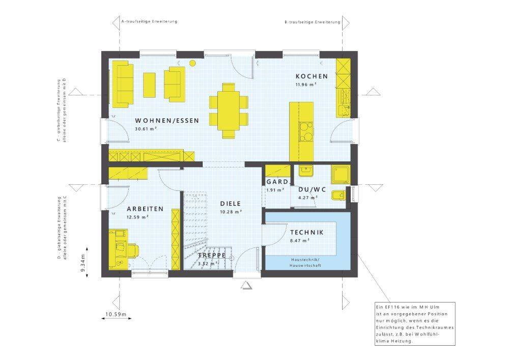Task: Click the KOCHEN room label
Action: (x=312, y=76)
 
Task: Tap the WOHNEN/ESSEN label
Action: (x=167, y=121)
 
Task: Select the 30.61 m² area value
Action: (x=146, y=128)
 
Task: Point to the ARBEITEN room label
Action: (x=145, y=209)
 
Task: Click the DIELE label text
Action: (x=231, y=204)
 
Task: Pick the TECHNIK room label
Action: (x=307, y=232)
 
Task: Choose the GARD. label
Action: (x=277, y=182)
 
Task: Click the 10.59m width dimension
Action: (x=116, y=314)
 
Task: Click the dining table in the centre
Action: (x=229, y=110)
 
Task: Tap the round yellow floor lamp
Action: (x=192, y=63)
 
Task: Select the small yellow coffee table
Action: (x=149, y=85)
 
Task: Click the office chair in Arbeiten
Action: (x=134, y=250)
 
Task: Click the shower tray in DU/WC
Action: (x=341, y=175)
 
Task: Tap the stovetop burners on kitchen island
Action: (x=306, y=132)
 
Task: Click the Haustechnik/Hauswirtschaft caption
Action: (x=305, y=263)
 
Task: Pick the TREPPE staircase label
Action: (x=212, y=255)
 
